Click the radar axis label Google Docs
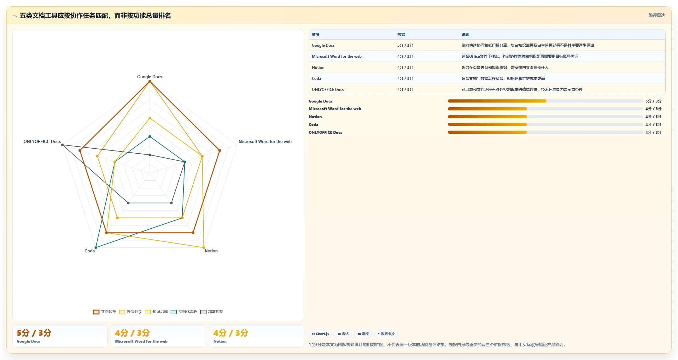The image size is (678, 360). pos(149,77)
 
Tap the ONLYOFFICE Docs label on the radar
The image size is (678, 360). pos(42,141)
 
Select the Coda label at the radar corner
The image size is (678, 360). pos(90,251)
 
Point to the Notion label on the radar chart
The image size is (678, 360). pos(211,251)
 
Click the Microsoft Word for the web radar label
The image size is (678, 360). pos(265,141)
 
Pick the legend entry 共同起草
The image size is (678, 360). pos(104,312)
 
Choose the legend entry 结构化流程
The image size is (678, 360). pos(184,312)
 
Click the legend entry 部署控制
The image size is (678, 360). pos(212,312)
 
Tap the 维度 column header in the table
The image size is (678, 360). pos(316,35)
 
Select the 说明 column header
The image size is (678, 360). pos(465,35)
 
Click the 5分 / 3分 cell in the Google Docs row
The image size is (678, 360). pos(405,45)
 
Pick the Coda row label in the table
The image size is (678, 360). pos(316,79)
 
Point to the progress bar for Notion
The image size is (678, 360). pos(545,117)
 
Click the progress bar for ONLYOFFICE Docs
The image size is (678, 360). pos(545,132)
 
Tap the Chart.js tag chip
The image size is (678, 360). pos(320,334)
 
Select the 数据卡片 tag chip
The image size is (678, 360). pos(386,334)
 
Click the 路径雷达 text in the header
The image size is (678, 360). pos(657,15)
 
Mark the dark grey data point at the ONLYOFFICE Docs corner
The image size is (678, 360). pos(62,145)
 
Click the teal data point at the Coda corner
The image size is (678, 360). pos(96,247)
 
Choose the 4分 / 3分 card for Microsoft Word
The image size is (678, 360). pos(158,336)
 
